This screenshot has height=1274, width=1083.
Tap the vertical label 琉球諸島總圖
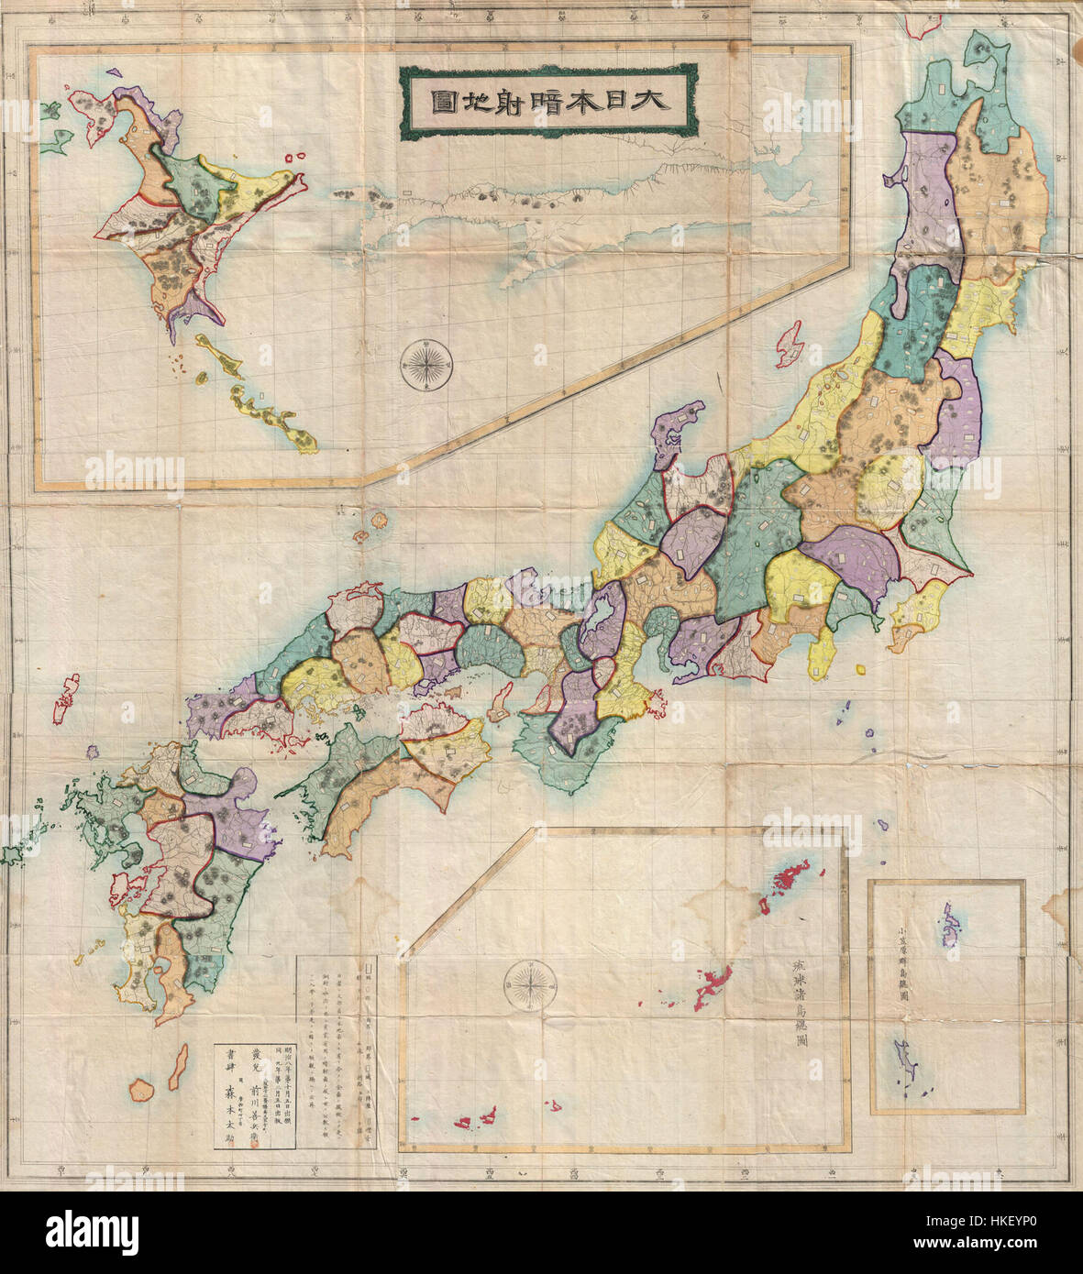tap(797, 1009)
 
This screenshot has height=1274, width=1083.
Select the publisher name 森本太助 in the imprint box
tap(229, 1094)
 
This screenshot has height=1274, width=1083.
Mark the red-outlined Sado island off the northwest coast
tap(790, 345)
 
